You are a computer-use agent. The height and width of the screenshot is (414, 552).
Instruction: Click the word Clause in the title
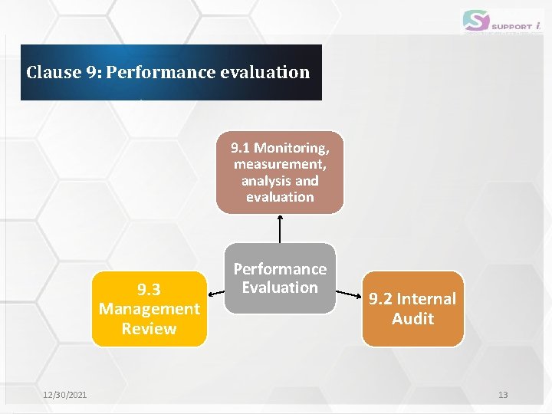click(x=53, y=73)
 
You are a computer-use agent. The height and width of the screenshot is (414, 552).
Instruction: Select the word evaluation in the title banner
click(x=264, y=73)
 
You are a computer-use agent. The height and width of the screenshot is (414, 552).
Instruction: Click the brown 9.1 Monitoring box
click(x=280, y=172)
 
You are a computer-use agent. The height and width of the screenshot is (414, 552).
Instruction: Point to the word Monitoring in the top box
click(x=291, y=147)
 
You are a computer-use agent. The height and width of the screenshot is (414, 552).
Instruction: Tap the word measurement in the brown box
click(x=280, y=164)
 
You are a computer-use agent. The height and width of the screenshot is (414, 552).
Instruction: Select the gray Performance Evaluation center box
click(x=280, y=278)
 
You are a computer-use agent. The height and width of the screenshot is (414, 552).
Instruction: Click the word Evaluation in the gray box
click(x=280, y=287)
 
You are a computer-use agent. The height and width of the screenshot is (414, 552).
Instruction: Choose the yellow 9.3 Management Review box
click(x=149, y=309)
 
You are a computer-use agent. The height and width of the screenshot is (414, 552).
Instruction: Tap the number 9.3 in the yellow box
click(x=149, y=289)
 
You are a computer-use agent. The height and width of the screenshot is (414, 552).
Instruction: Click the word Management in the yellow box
click(x=149, y=309)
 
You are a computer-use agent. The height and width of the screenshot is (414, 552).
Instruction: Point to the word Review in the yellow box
click(x=149, y=329)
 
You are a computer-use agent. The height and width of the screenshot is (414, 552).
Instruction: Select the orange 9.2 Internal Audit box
click(x=412, y=308)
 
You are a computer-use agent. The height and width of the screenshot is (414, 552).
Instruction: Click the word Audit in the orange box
click(x=412, y=319)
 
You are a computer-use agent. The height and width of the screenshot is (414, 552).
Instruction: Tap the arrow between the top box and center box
click(x=280, y=228)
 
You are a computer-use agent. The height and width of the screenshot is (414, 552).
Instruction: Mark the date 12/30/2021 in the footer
click(x=65, y=395)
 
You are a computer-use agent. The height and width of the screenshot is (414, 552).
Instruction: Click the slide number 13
click(x=503, y=395)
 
